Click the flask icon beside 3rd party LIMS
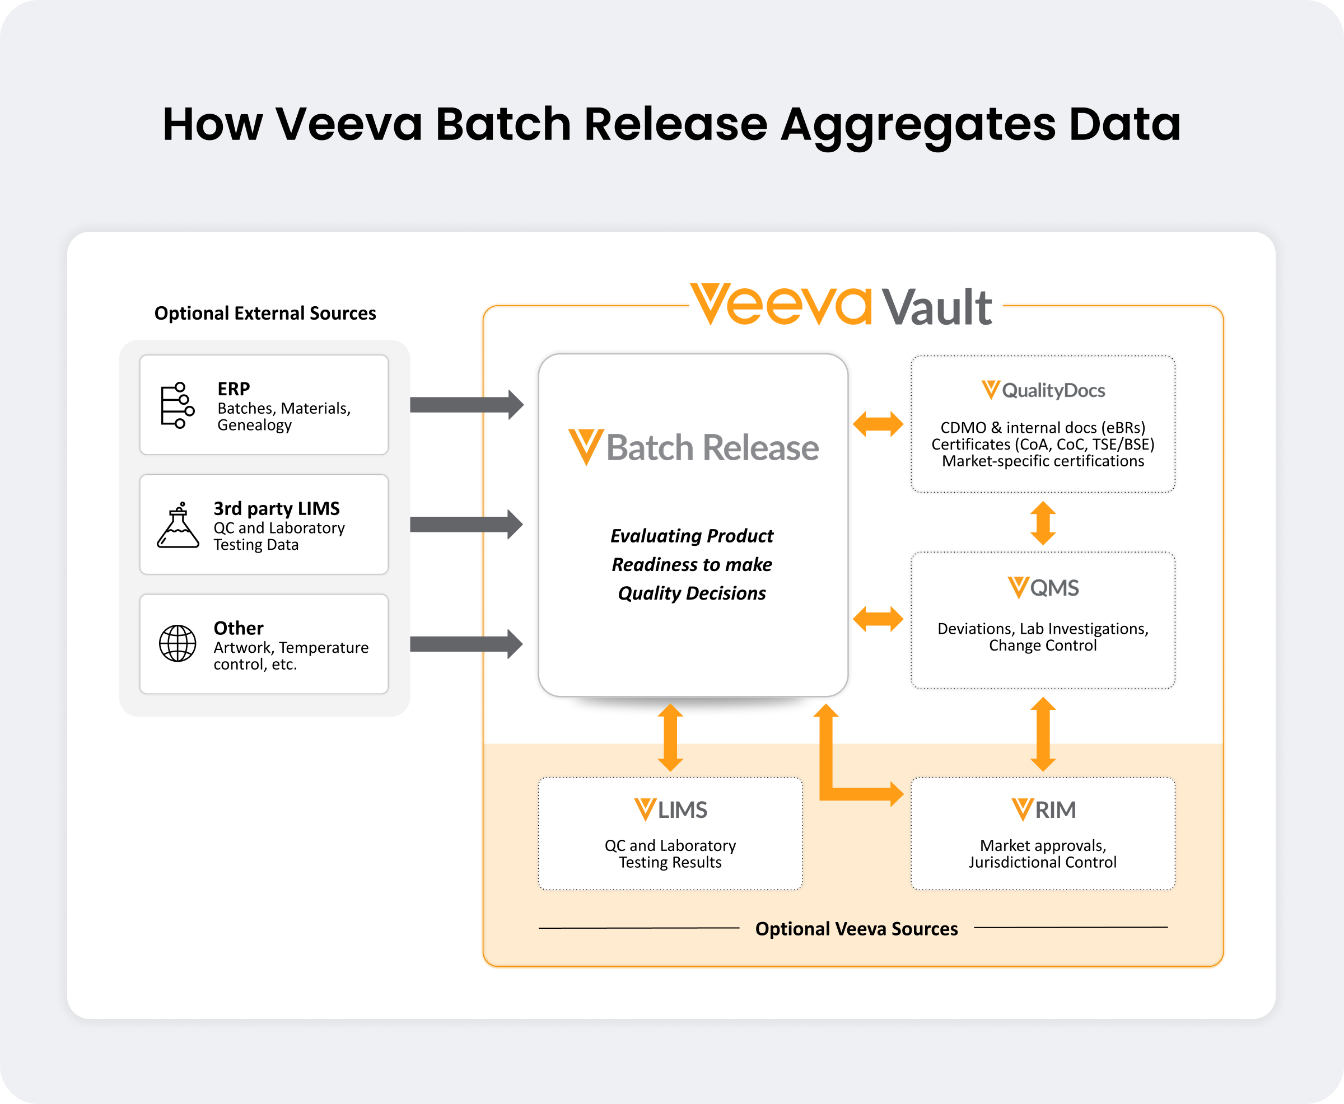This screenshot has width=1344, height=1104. click(x=178, y=525)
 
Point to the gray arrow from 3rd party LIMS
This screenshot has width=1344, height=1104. click(x=466, y=525)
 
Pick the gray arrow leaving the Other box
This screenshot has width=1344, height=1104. click(x=466, y=644)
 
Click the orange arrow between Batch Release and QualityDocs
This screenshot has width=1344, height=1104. click(x=878, y=424)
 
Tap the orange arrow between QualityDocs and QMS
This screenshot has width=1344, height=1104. click(x=1043, y=523)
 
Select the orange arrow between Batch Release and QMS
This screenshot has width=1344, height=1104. click(x=878, y=619)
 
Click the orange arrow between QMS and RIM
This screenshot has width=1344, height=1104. click(x=1043, y=734)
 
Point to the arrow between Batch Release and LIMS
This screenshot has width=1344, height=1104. click(x=670, y=737)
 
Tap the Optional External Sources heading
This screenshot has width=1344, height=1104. click(x=265, y=314)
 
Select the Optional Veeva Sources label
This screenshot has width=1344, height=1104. click(x=856, y=929)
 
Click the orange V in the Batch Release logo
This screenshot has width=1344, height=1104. click(x=585, y=446)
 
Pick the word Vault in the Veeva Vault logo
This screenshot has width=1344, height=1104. click(x=937, y=308)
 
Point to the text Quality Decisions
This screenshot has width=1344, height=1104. click(x=692, y=593)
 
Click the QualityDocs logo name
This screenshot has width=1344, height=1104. click(x=1053, y=390)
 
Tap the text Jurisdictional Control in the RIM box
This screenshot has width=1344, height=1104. click(x=1043, y=862)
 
